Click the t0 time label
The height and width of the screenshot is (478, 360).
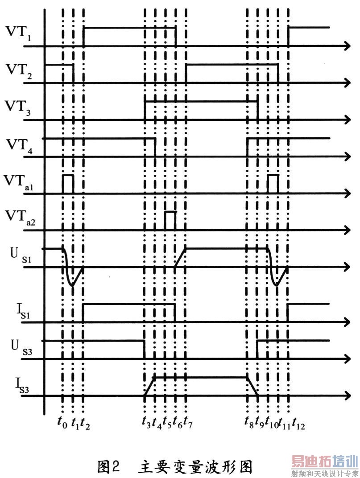(x=63, y=422)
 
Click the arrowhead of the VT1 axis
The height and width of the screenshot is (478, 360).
(x=347, y=45)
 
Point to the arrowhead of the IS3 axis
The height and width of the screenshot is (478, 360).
(x=347, y=396)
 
